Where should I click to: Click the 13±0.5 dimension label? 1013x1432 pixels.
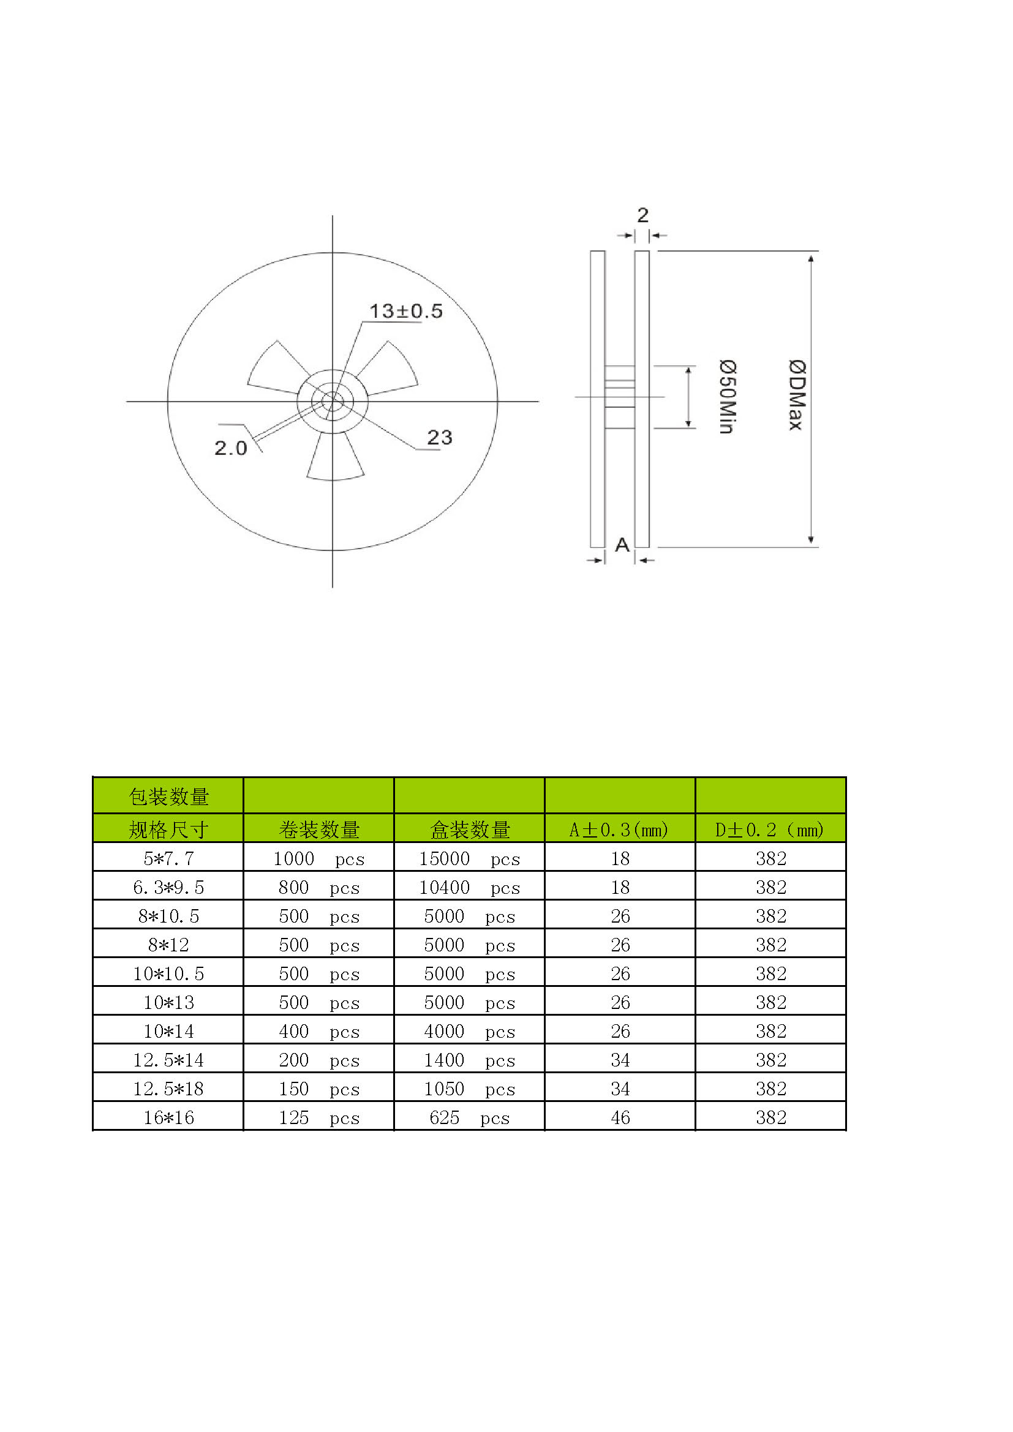tap(405, 310)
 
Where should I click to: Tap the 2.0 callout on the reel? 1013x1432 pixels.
tap(230, 448)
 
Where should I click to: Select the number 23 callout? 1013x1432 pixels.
tap(439, 437)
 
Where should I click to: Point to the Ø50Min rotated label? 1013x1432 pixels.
tap(728, 397)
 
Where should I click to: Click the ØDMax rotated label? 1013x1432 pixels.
tap(797, 395)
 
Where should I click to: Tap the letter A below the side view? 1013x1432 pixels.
tap(622, 545)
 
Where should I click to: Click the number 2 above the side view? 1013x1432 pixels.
tap(642, 216)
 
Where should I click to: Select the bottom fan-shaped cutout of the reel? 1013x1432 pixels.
tap(335, 460)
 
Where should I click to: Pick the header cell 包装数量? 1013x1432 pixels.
tap(168, 797)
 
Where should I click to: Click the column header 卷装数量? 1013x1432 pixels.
tap(318, 830)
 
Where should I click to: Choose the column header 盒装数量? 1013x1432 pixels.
tap(470, 830)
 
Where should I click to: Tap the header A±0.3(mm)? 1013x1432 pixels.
tap(619, 830)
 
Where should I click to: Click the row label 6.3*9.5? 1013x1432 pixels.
tap(168, 887)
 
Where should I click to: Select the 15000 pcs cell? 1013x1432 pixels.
tap(469, 859)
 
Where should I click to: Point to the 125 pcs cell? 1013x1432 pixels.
tap(318, 1118)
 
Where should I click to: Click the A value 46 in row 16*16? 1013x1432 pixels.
tap(620, 1118)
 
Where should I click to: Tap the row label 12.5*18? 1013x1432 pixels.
tap(168, 1089)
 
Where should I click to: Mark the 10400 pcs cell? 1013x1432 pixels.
tap(469, 888)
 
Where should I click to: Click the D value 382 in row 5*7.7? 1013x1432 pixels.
tap(771, 859)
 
